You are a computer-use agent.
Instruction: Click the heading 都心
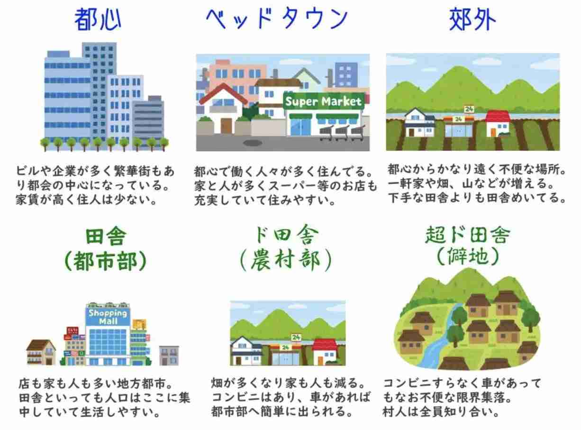coord(98,19)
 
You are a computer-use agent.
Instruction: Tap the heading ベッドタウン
coord(277,18)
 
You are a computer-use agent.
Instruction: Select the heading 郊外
coord(472,19)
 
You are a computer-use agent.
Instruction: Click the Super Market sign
coord(324,101)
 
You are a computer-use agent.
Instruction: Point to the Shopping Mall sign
coord(108,317)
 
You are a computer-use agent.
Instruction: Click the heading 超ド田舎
coord(468,235)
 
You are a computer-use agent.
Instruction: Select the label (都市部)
coord(106,261)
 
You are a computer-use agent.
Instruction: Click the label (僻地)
coord(468,256)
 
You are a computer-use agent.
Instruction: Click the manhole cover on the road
coord(253,143)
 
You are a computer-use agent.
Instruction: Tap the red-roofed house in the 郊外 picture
coord(498,123)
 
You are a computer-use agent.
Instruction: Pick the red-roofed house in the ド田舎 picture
coord(325,352)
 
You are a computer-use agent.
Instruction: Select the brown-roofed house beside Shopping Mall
coord(41,352)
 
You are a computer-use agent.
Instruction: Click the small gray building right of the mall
coord(169,355)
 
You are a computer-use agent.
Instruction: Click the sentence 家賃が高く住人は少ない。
coord(86,200)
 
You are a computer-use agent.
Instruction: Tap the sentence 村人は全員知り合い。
coord(441,412)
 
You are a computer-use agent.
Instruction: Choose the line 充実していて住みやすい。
coord(265,201)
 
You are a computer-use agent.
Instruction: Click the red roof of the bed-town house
coord(223,93)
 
